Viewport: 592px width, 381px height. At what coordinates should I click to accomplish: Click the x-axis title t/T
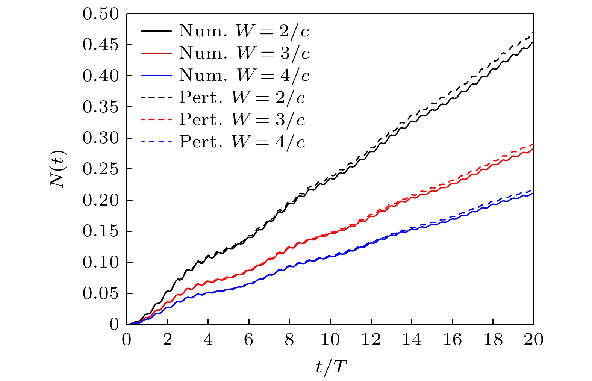330,367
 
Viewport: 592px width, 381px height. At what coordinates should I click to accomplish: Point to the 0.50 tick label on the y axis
100,14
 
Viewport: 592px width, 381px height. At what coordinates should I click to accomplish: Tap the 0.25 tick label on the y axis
100,169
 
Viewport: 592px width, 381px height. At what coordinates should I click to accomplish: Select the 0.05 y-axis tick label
100,293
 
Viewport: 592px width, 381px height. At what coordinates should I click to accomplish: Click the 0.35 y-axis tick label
100,107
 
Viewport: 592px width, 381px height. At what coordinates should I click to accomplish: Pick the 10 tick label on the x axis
330,340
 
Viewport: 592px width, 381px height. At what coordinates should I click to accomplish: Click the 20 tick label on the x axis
533,340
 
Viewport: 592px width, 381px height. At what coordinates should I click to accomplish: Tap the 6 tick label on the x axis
249,340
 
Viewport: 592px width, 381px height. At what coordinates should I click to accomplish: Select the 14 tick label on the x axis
412,340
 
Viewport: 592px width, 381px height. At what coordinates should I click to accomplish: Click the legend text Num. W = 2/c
244,31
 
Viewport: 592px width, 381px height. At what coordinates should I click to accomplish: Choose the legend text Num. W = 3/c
244,53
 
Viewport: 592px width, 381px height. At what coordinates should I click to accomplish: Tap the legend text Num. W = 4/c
244,76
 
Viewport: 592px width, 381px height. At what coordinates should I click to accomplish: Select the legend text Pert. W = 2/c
242,98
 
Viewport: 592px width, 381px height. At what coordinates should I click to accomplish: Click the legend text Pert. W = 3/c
242,120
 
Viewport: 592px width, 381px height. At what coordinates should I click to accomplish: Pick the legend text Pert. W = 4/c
242,142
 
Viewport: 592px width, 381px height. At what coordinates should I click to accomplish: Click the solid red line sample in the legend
156,53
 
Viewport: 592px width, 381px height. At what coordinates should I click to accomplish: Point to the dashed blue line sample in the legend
156,142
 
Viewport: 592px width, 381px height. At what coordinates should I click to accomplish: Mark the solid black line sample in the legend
156,31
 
